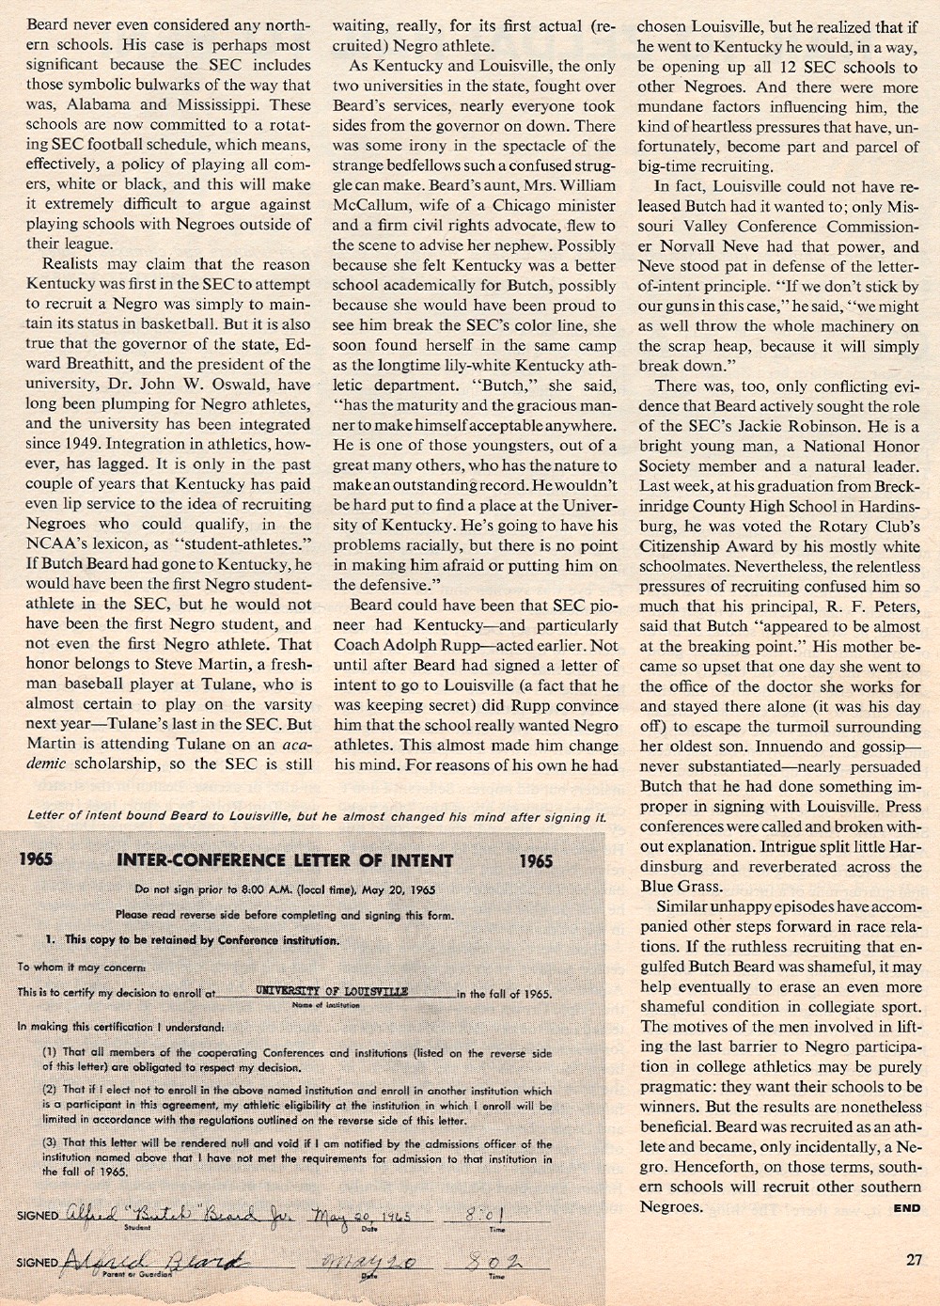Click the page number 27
tap(914, 1260)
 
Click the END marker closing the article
tap(907, 1208)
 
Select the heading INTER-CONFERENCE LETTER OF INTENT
tap(285, 860)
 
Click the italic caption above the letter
tap(316, 816)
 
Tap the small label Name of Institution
tap(321, 1005)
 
